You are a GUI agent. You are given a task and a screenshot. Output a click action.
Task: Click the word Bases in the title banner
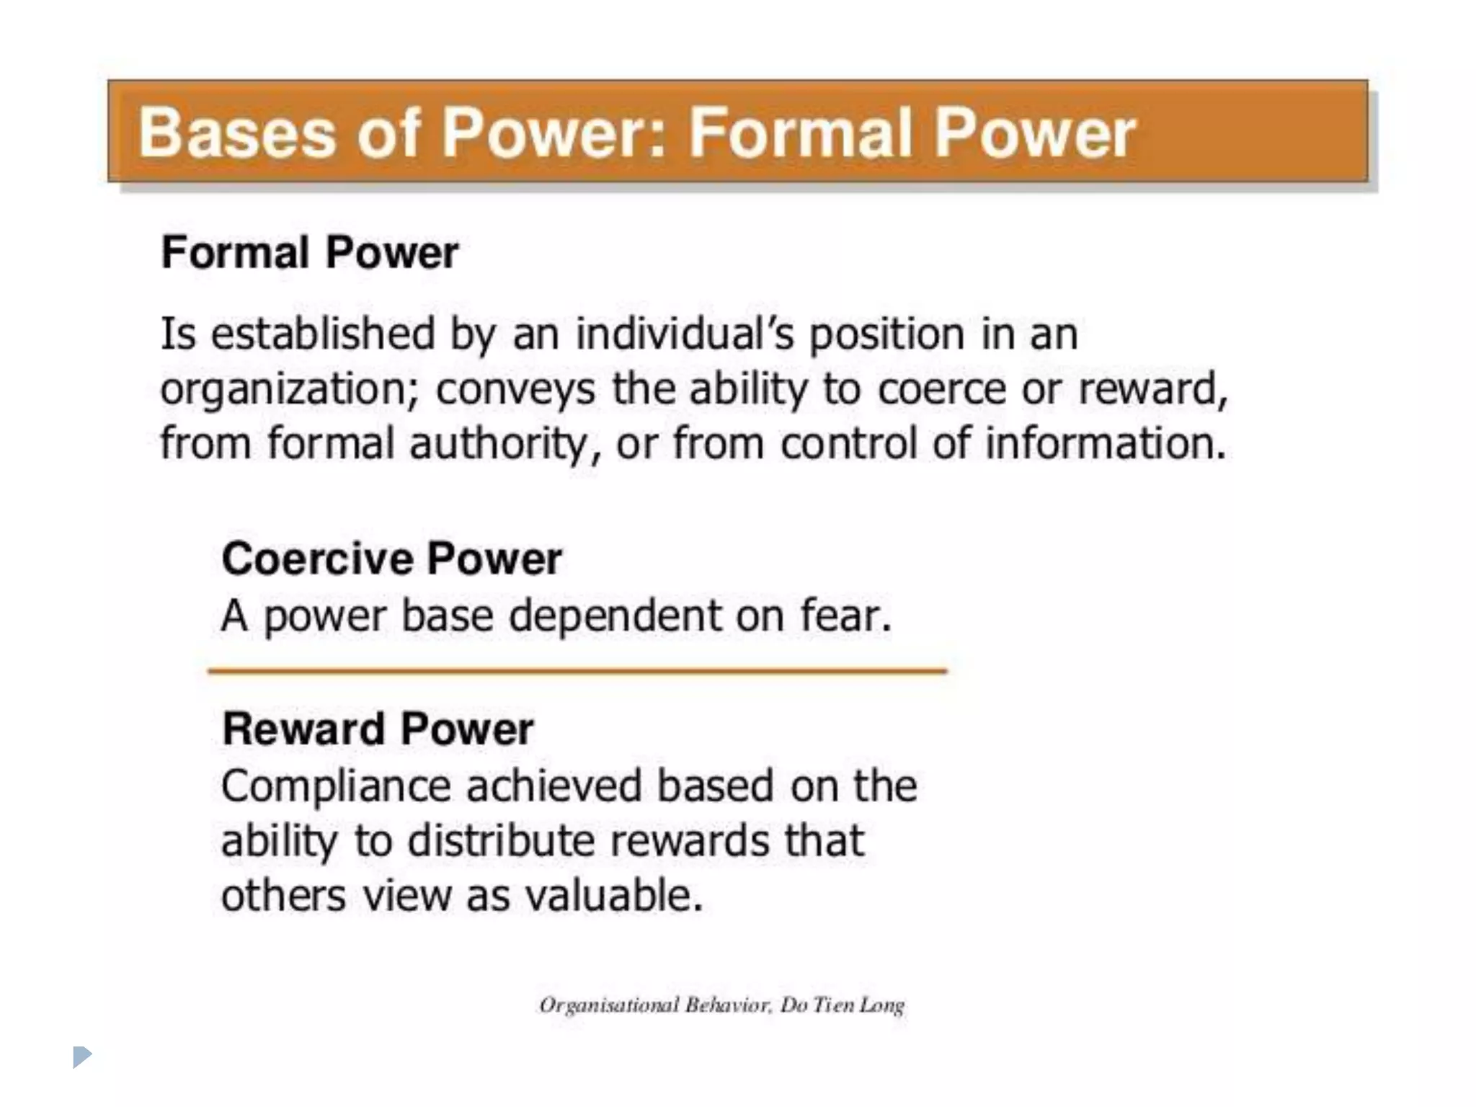(x=237, y=133)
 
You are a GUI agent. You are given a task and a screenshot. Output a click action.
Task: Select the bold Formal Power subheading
(x=310, y=253)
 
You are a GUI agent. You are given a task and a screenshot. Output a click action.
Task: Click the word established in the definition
(x=323, y=334)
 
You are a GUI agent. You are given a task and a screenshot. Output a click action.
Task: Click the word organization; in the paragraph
(x=290, y=391)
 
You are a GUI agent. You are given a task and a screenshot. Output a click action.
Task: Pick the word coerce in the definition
(x=941, y=389)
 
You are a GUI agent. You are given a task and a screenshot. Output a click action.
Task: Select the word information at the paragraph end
(x=1105, y=444)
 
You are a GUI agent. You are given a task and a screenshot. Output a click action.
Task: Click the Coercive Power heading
(x=391, y=559)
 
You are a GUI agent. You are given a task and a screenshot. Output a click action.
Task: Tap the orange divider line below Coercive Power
(x=577, y=671)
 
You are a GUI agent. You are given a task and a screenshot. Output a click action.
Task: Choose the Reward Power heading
(x=378, y=729)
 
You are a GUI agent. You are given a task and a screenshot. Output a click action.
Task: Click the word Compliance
(x=336, y=786)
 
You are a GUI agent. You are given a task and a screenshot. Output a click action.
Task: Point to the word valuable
(x=613, y=896)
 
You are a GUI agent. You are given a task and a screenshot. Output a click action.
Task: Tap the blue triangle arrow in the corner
(x=82, y=1057)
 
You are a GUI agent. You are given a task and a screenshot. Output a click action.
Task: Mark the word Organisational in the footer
(x=609, y=1005)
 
